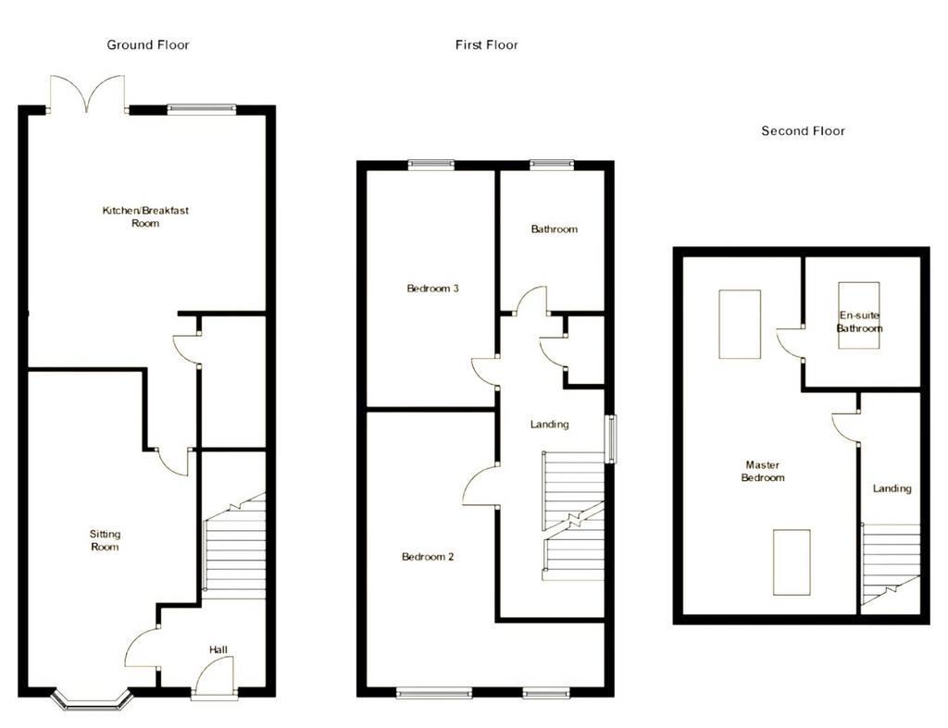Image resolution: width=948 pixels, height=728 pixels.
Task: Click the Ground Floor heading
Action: point(148,44)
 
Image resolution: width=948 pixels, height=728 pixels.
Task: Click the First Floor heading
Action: point(487,44)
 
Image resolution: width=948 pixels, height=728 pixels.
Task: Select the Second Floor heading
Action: point(803,131)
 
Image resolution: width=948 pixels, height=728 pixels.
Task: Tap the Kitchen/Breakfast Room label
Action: point(145,216)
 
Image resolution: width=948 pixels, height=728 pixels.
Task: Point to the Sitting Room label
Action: point(105,541)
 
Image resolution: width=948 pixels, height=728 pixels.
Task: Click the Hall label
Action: point(218,650)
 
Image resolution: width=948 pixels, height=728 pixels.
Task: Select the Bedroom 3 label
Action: point(433,289)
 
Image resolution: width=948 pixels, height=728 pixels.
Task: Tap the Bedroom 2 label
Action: point(428,557)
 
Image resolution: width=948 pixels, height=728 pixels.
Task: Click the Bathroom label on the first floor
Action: point(555,229)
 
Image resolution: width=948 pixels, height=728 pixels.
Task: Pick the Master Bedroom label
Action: point(763,471)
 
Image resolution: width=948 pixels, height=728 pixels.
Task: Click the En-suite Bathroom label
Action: point(860,322)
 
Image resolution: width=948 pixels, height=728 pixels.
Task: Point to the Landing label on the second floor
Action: point(892,488)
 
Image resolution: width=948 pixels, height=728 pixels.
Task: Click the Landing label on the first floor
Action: point(550,425)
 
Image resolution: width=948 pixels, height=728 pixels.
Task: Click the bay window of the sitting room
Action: point(92,699)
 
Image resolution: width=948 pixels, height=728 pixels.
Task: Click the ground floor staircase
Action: point(235,546)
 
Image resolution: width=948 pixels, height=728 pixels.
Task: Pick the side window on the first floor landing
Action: point(612,439)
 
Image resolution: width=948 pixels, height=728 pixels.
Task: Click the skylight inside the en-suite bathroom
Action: point(859,315)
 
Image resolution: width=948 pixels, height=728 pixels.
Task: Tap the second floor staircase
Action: point(891,564)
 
